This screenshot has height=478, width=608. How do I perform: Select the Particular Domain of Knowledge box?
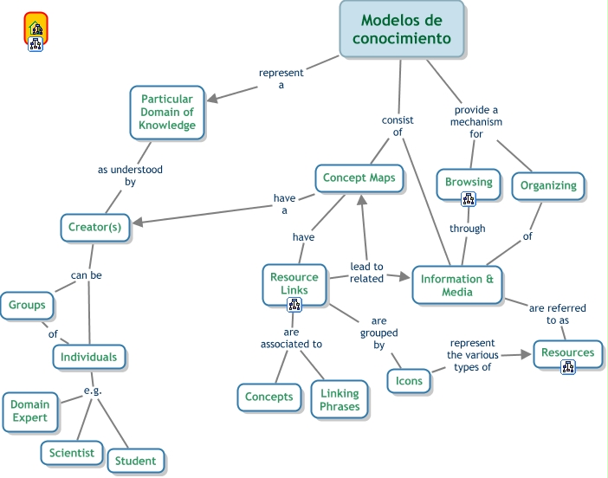click(x=168, y=112)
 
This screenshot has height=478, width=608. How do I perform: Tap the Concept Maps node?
click(x=359, y=178)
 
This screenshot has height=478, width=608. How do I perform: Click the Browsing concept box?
click(x=469, y=182)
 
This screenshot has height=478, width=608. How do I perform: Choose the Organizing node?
click(x=548, y=185)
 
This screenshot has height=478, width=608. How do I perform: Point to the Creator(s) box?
click(x=95, y=228)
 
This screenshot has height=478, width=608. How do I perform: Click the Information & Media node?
click(x=456, y=285)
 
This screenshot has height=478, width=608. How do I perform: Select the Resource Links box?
click(x=294, y=283)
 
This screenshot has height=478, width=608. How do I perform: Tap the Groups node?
click(x=28, y=305)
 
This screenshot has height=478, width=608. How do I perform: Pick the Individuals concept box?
click(x=89, y=356)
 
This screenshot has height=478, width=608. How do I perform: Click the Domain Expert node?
click(x=30, y=411)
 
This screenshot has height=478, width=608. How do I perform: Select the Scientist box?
click(x=72, y=452)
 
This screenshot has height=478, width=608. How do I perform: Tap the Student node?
click(x=136, y=461)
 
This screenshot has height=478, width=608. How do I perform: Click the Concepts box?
click(x=269, y=397)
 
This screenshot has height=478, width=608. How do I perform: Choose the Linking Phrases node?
click(x=340, y=400)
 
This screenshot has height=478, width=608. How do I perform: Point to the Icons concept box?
click(x=409, y=381)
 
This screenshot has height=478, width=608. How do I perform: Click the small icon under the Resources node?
click(x=568, y=366)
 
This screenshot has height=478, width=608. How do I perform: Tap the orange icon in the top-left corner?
click(x=36, y=29)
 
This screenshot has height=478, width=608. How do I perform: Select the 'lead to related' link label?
click(x=366, y=272)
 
